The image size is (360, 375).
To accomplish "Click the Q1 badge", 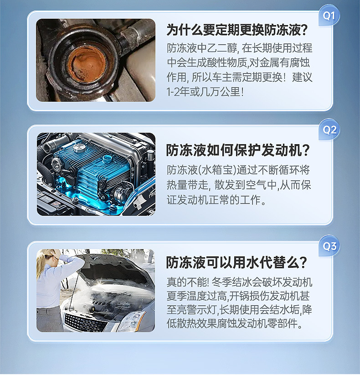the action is (329, 16).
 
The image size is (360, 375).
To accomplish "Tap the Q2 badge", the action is (329, 130).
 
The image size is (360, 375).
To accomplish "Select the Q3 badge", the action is (329, 246).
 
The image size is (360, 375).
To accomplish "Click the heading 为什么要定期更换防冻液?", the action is (237, 30).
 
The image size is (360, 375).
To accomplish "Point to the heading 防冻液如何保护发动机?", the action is (237, 150).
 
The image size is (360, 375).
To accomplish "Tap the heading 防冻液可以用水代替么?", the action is (236, 262).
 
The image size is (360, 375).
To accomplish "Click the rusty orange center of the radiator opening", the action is (87, 63).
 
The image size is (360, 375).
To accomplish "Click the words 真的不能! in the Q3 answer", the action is (188, 282).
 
